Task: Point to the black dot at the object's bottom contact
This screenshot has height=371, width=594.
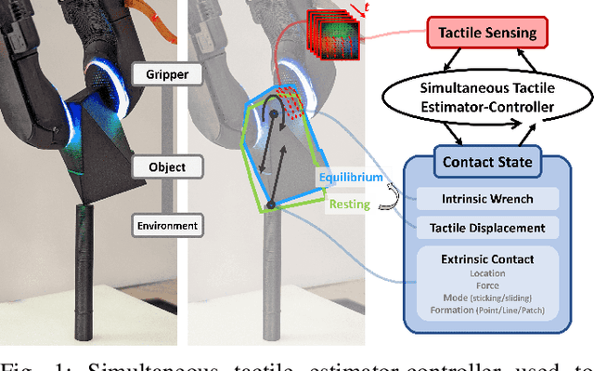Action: (x=271, y=204)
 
